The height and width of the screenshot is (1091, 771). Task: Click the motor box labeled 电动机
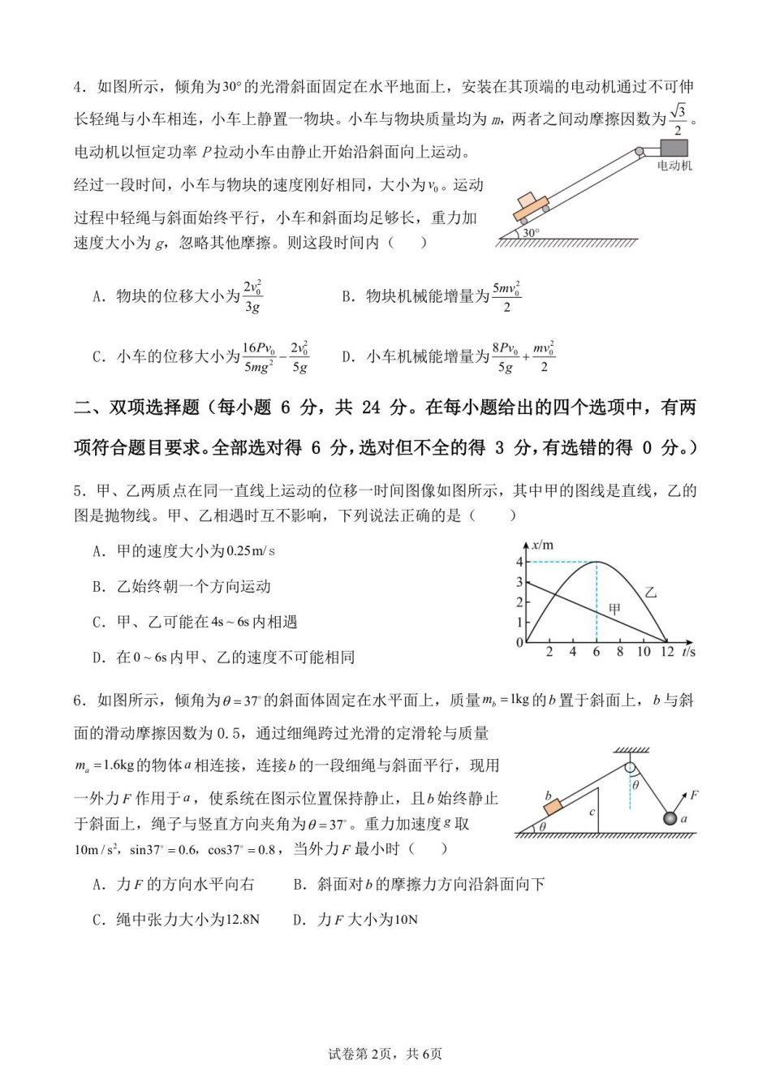pyautogui.click(x=674, y=148)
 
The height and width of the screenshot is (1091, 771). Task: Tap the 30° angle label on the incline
pyautogui.click(x=531, y=233)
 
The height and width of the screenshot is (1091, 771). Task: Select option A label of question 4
pyautogui.click(x=99, y=296)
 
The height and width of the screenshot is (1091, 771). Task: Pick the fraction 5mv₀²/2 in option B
pyautogui.click(x=506, y=296)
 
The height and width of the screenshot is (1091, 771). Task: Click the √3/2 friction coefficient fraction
pyautogui.click(x=678, y=119)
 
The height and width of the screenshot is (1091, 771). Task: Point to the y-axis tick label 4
pyautogui.click(x=520, y=562)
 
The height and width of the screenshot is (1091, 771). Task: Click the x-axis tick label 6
pyautogui.click(x=597, y=652)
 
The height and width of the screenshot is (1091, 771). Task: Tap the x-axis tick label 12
pyautogui.click(x=666, y=652)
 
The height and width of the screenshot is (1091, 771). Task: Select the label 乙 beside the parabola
pyautogui.click(x=650, y=593)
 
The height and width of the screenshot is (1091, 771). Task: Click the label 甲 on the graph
pyautogui.click(x=614, y=609)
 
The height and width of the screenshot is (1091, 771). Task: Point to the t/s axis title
pyautogui.click(x=689, y=652)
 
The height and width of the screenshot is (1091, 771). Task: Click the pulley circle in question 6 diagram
pyautogui.click(x=630, y=766)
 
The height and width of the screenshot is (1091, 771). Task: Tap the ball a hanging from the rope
pyautogui.click(x=670, y=818)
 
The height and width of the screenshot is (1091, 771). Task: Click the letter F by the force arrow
pyautogui.click(x=695, y=796)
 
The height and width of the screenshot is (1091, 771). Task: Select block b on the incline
pyautogui.click(x=553, y=807)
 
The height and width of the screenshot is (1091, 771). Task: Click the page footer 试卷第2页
pyautogui.click(x=361, y=1054)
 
